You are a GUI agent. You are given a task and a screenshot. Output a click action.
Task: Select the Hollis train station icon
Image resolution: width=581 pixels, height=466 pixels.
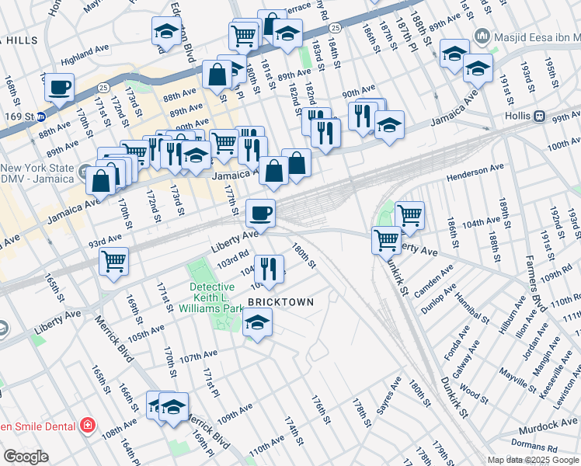(x=538, y=116)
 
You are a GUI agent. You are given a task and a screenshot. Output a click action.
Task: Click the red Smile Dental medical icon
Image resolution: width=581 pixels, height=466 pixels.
(x=87, y=426)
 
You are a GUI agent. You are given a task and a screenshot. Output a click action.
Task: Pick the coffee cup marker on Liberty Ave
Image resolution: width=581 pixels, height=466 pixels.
(x=260, y=212)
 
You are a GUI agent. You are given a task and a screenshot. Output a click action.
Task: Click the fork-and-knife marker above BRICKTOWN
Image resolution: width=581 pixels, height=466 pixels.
(x=269, y=270)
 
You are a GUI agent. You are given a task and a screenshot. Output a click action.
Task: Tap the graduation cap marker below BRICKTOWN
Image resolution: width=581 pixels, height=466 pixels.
(x=257, y=322)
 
